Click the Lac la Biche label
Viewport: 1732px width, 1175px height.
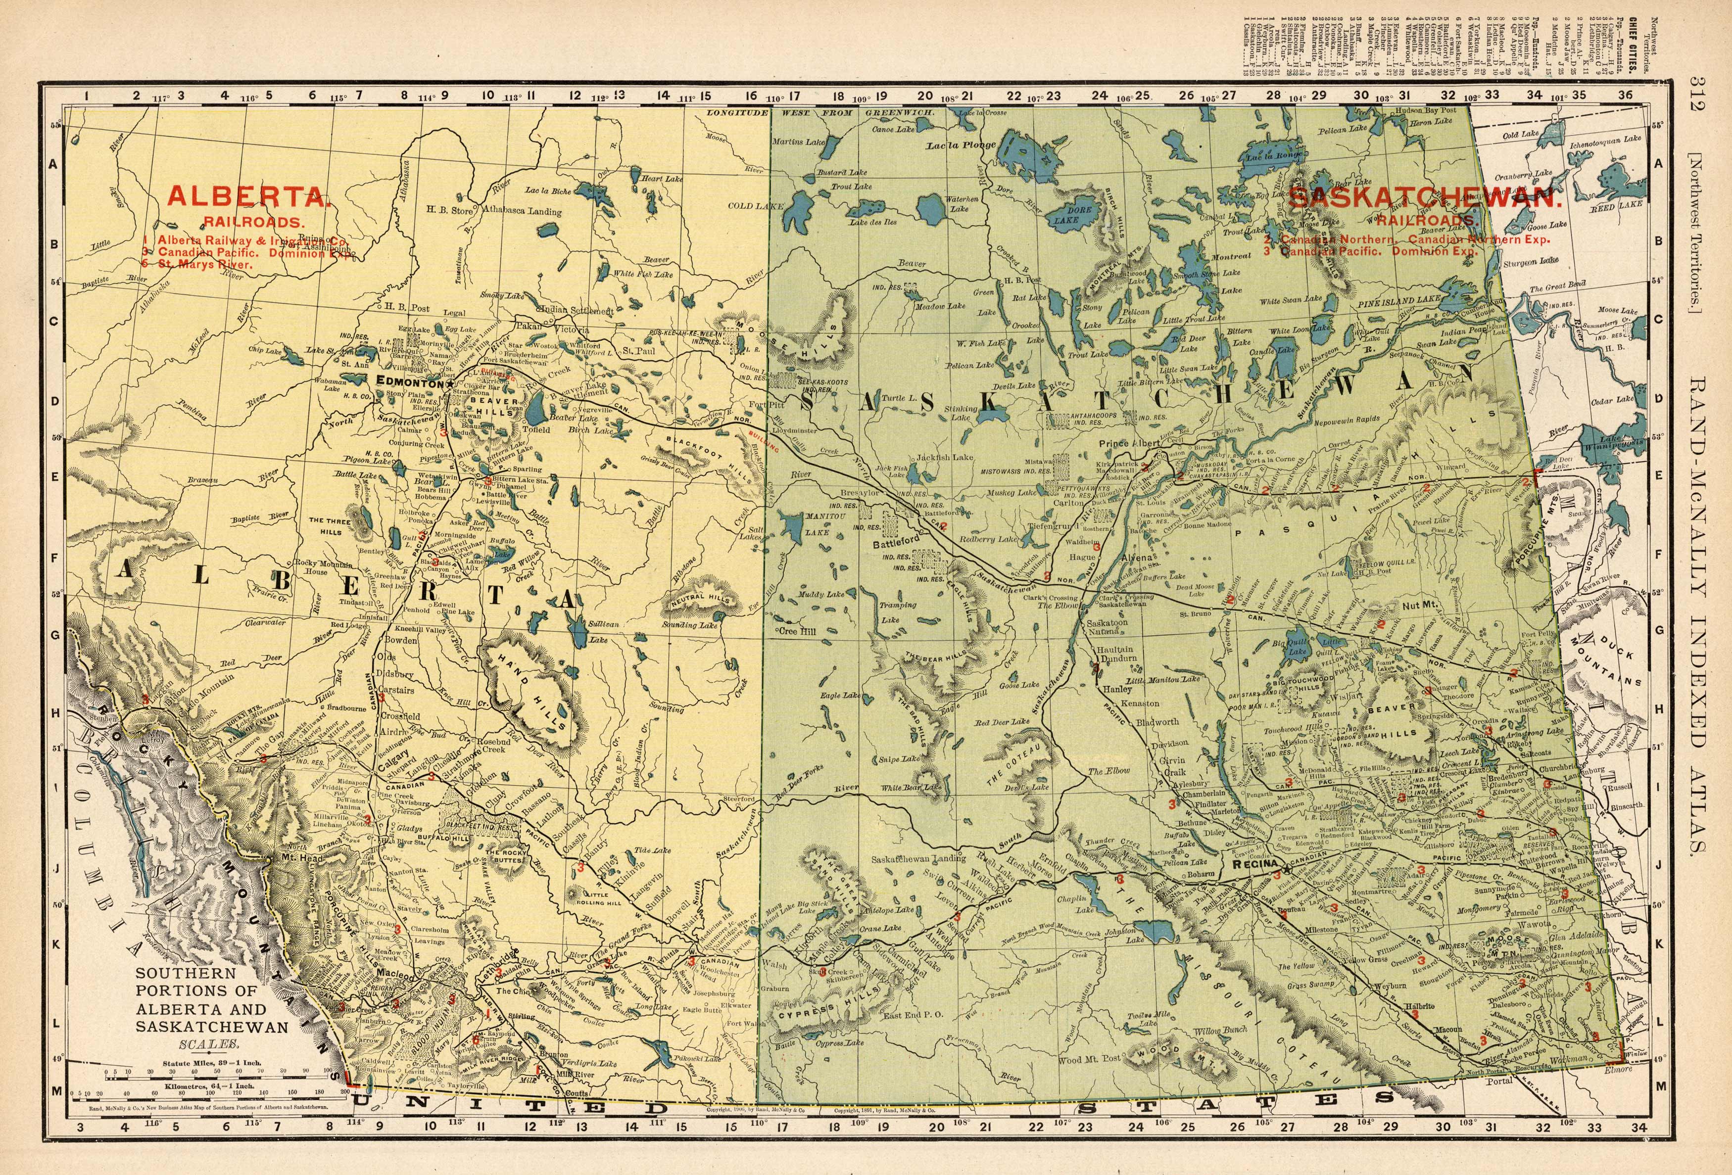548,191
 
